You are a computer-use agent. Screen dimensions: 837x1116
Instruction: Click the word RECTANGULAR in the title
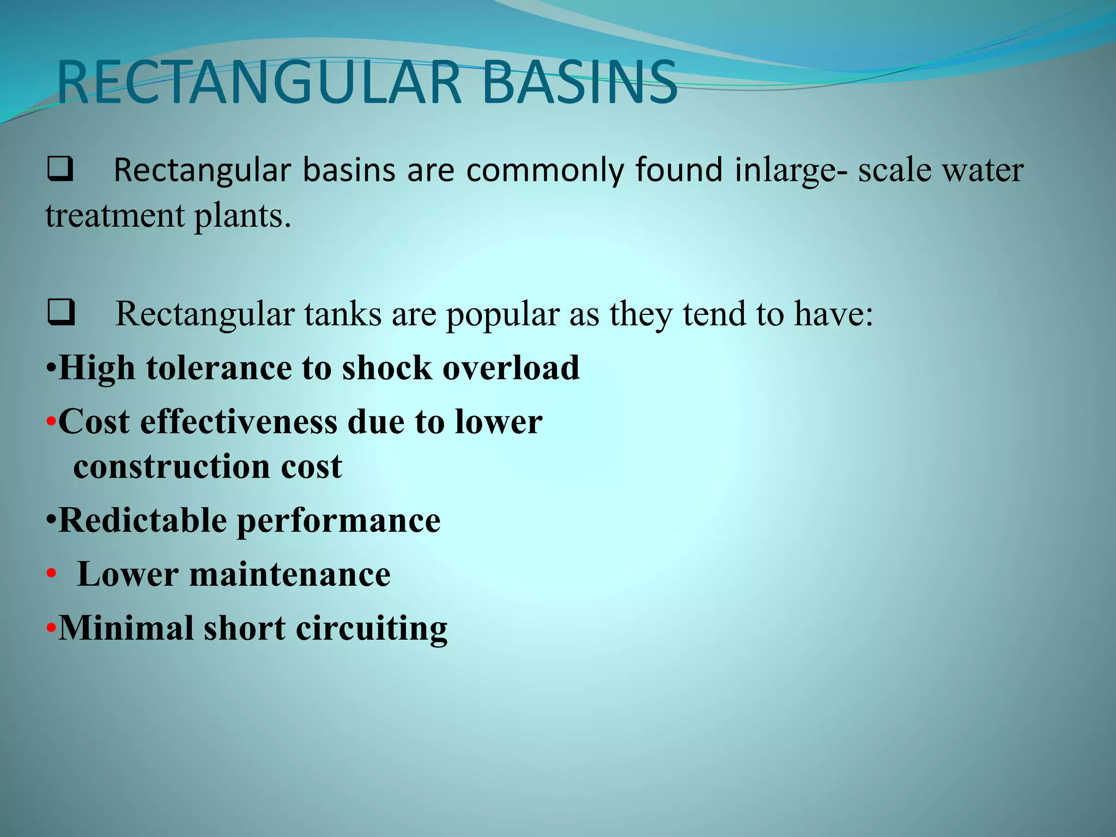[x=259, y=83]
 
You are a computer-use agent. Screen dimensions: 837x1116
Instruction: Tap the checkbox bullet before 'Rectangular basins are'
[x=60, y=169]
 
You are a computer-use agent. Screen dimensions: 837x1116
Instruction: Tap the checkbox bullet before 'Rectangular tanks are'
[x=61, y=314]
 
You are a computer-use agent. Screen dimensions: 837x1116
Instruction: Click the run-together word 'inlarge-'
[x=791, y=171]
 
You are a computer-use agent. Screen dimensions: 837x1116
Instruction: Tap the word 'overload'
[x=511, y=368]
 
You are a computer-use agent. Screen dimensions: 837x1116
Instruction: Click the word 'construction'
[x=172, y=467]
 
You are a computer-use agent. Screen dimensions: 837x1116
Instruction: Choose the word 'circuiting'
[x=371, y=629]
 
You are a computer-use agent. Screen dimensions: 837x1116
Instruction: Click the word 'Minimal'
[x=126, y=628]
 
